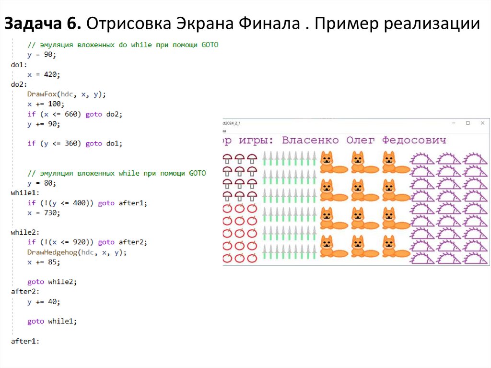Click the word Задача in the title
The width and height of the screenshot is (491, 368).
coord(38,23)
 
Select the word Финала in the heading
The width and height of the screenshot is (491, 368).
coord(269,23)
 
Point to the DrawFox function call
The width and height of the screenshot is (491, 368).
coord(42,94)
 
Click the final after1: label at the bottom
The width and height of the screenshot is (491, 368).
coord(24,341)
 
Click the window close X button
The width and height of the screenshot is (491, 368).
coord(482,123)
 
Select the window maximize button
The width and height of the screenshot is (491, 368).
coord(468,123)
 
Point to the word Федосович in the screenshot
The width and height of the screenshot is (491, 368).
coord(414,140)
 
